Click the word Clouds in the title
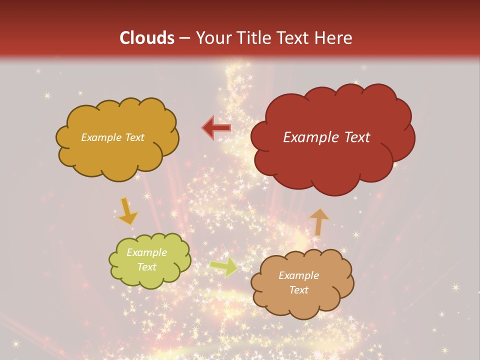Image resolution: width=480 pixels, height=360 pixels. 147,38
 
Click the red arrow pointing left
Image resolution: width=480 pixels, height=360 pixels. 216,127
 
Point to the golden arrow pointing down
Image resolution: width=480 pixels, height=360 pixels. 127,211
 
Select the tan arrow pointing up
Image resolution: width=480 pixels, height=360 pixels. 319,221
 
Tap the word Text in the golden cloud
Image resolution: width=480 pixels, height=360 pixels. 133,137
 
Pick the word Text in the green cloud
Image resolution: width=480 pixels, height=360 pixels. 147,267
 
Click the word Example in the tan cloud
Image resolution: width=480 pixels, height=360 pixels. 298,275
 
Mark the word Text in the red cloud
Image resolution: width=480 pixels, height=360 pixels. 354,137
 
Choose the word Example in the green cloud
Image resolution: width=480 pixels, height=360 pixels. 147,252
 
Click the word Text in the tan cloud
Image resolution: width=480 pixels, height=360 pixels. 298,290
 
